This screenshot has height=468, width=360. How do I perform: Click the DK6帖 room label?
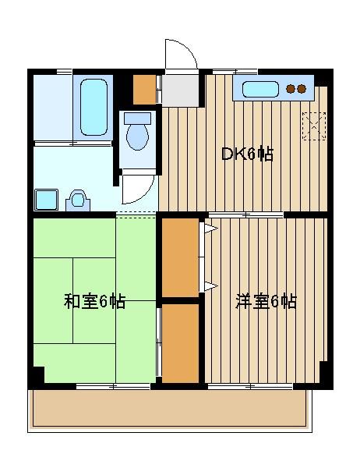(x=247, y=154)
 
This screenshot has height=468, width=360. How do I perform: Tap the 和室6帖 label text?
(x=94, y=301)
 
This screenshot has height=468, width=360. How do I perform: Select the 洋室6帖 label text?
(x=266, y=301)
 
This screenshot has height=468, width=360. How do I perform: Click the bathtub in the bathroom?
(x=94, y=107)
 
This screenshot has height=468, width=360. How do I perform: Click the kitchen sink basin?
(x=260, y=89)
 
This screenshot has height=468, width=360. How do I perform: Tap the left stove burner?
(x=291, y=89)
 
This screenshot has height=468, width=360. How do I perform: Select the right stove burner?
(x=302, y=89)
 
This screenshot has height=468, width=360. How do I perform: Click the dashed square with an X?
(x=314, y=126)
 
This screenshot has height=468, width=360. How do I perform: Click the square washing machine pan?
(x=46, y=200)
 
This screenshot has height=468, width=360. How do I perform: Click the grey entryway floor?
(x=180, y=90)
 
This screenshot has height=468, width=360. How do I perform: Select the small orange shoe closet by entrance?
(x=145, y=90)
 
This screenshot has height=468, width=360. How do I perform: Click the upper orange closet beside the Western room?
(x=180, y=257)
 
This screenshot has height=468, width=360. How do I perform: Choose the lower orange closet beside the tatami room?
(x=180, y=343)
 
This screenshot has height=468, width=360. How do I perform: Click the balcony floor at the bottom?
(x=170, y=408)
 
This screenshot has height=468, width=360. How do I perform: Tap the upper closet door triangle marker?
(x=211, y=229)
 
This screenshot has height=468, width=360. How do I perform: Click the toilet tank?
(x=137, y=119)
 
